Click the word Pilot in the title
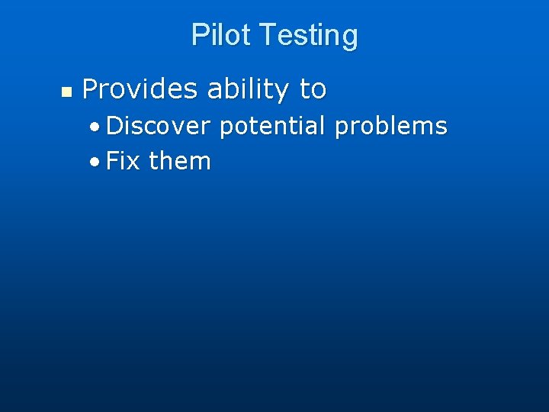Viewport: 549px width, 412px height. click(x=221, y=35)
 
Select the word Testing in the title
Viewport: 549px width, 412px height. click(x=308, y=36)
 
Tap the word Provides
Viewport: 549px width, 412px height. click(x=140, y=90)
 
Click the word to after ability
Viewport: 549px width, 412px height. click(x=313, y=90)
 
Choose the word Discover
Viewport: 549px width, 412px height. click(x=159, y=126)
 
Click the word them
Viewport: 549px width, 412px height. click(x=180, y=161)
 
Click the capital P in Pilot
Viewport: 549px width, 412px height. click(x=199, y=35)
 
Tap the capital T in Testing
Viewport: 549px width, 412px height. click(x=268, y=35)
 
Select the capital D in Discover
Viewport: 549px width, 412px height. click(x=114, y=126)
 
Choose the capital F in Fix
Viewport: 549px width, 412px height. click(x=113, y=161)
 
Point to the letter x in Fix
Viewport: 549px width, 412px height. click(x=134, y=163)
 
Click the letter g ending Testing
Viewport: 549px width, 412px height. click(x=349, y=38)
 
